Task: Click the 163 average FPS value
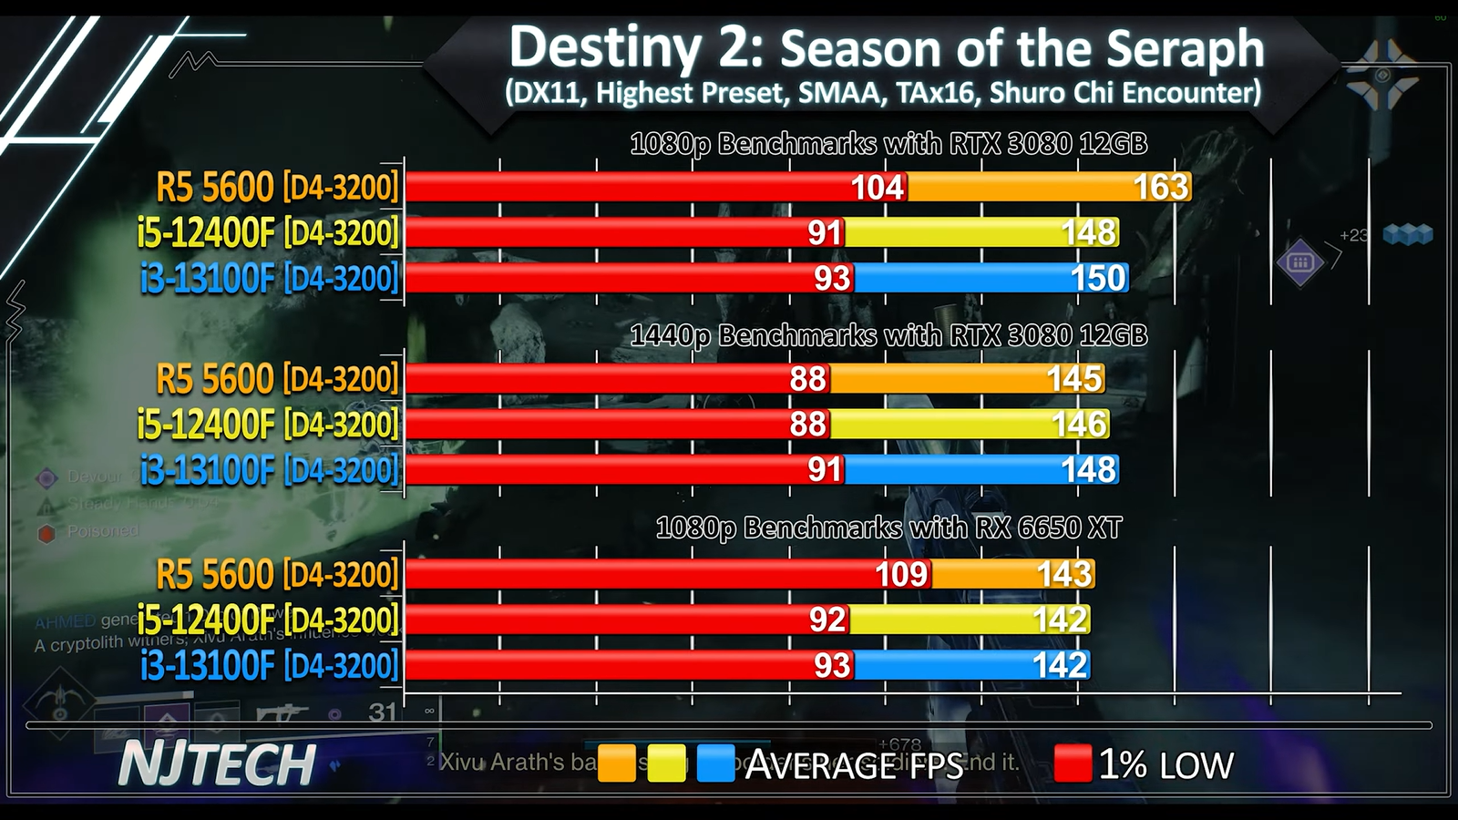tap(1160, 187)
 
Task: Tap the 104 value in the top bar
tap(878, 187)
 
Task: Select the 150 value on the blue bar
tap(1098, 278)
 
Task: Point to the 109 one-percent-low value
tap(901, 574)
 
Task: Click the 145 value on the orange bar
tap(1074, 378)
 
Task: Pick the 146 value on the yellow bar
tap(1079, 424)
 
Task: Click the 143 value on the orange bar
tap(1063, 574)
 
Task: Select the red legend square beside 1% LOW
tap(1073, 764)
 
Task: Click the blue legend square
tap(715, 764)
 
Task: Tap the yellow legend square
tap(666, 764)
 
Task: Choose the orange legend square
tap(617, 764)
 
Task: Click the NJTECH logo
tap(217, 764)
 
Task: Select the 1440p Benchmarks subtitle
tap(888, 335)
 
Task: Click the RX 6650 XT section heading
tap(888, 528)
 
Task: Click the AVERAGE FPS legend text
tap(854, 764)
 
